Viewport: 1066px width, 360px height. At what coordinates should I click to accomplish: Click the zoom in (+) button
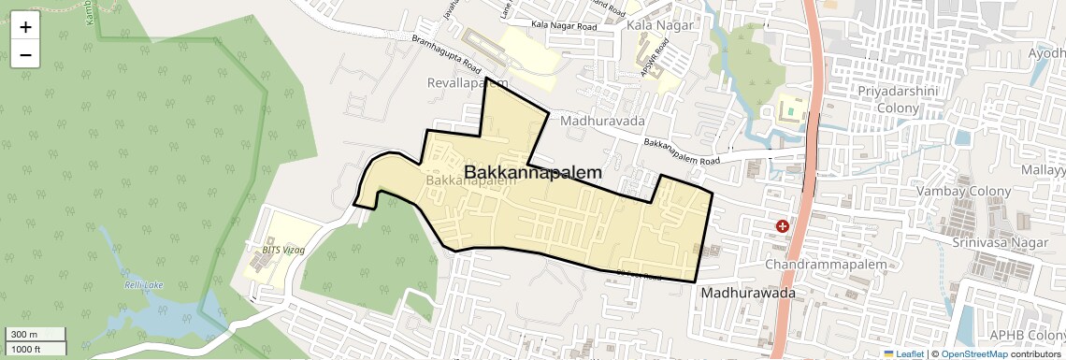pyautogui.click(x=25, y=27)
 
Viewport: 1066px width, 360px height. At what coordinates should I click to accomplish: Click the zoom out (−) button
pyautogui.click(x=25, y=55)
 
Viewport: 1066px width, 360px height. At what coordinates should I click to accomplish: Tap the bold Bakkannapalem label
pyautogui.click(x=533, y=173)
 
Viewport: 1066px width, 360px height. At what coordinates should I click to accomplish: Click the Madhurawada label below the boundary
pyautogui.click(x=748, y=293)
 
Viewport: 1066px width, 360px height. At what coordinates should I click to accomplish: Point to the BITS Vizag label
pyautogui.click(x=270, y=250)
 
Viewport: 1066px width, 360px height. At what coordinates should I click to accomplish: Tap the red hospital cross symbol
pyautogui.click(x=782, y=226)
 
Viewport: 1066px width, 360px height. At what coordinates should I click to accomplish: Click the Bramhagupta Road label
pyautogui.click(x=446, y=55)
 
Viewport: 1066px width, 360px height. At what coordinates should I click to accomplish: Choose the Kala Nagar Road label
pyautogui.click(x=562, y=26)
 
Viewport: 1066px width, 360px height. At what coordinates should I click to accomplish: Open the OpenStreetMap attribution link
pyautogui.click(x=973, y=353)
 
